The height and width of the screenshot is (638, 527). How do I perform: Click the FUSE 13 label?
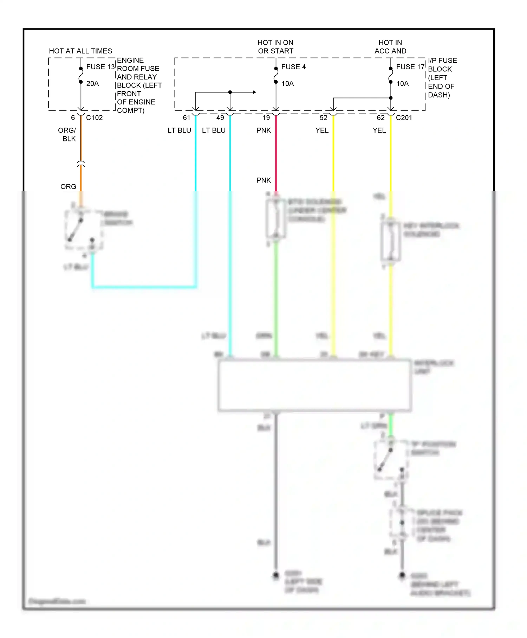(100, 67)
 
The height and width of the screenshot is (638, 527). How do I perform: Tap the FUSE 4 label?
(293, 67)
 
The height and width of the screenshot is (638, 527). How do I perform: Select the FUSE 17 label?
(410, 67)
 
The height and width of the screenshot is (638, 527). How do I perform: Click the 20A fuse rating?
(92, 84)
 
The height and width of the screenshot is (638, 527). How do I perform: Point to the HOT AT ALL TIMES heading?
(80, 51)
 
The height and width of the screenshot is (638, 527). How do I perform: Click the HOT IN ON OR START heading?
(275, 47)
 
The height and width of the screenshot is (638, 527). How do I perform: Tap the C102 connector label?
(94, 118)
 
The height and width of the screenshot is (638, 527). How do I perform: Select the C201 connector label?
(404, 118)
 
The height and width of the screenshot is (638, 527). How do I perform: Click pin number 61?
(187, 118)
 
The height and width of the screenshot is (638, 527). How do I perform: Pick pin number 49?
(220, 118)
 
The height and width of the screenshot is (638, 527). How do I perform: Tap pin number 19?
(266, 118)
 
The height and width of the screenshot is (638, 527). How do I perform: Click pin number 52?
(324, 118)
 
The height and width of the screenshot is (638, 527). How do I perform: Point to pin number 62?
(381, 118)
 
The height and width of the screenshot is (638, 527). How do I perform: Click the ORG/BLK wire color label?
(67, 134)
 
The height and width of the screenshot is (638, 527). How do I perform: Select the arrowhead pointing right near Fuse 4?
(254, 92)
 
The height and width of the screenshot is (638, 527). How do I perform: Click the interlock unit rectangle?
(314, 385)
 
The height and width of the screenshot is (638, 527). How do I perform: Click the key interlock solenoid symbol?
(391, 242)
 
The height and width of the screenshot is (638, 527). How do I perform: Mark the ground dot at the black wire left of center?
(276, 575)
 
